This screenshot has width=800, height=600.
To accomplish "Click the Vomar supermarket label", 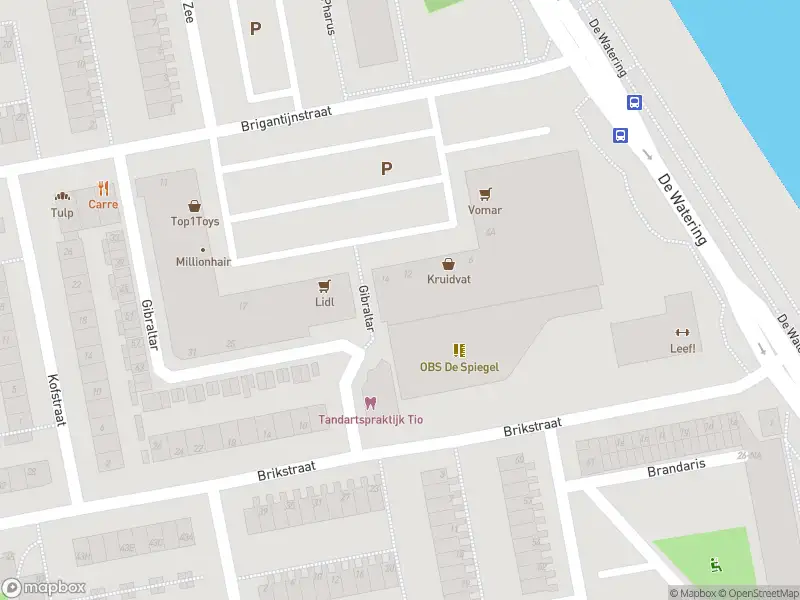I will (x=485, y=210).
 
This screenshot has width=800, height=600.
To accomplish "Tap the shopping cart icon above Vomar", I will (x=485, y=194).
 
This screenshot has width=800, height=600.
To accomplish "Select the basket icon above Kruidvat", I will (x=449, y=264).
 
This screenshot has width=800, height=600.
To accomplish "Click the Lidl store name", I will (x=324, y=301).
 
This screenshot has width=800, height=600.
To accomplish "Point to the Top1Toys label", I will (x=194, y=221).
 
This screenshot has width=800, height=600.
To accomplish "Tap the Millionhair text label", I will (x=204, y=262).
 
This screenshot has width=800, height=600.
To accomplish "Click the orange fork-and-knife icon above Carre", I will (x=103, y=188).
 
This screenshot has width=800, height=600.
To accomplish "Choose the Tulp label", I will (x=62, y=212).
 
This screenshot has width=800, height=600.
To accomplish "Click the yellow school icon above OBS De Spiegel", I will (x=459, y=350).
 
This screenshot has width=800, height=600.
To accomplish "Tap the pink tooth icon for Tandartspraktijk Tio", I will (x=370, y=403).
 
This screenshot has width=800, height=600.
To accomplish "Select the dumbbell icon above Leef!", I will (x=683, y=333).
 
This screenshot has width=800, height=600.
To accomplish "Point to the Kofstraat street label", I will (x=56, y=399).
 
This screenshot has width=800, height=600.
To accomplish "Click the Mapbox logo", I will (x=44, y=588).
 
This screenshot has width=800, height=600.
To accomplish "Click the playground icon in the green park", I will (x=714, y=564).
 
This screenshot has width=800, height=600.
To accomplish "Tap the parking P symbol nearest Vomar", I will (x=386, y=169).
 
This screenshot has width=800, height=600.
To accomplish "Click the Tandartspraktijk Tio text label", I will (x=370, y=419).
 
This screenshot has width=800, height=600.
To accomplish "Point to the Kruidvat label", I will (x=449, y=280).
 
